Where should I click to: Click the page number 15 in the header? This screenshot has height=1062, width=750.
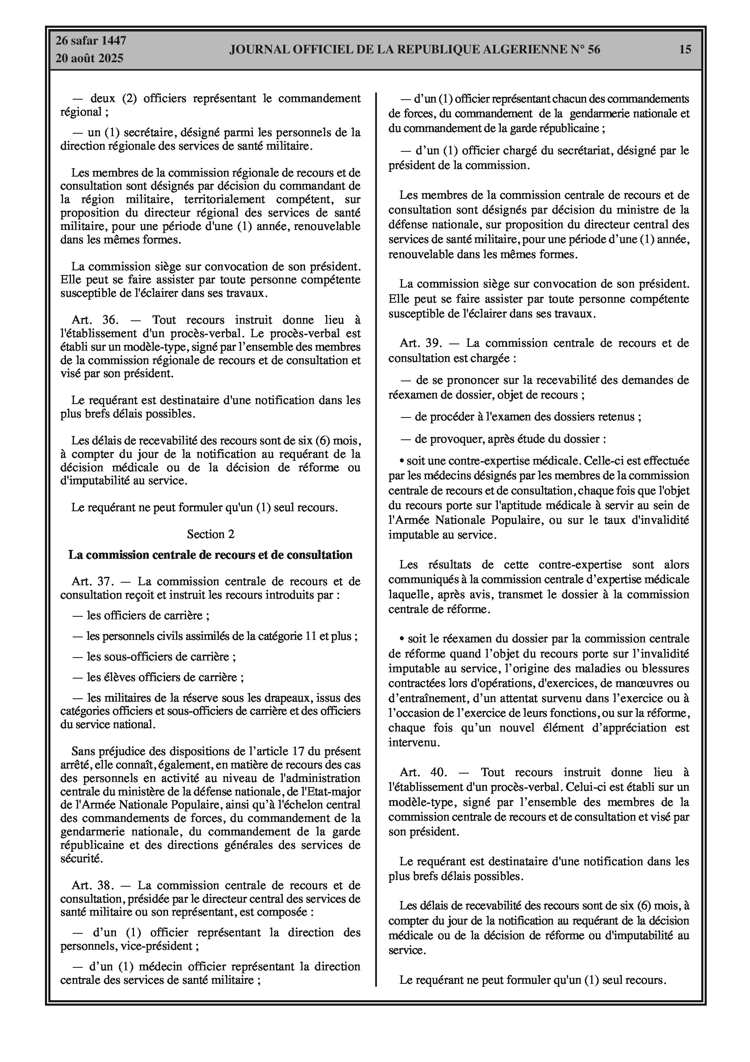[x=685, y=50]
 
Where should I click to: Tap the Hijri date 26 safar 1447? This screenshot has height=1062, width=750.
[x=91, y=41]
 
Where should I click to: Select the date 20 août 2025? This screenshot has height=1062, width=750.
[x=89, y=58]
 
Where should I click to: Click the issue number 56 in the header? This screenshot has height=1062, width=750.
[x=594, y=50]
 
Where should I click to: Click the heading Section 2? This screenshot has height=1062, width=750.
[x=211, y=534]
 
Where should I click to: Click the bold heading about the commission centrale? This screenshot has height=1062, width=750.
[x=211, y=555]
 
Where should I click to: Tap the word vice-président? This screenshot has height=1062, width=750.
[x=160, y=946]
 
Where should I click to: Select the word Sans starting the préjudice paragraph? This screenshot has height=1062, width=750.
[x=82, y=751]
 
